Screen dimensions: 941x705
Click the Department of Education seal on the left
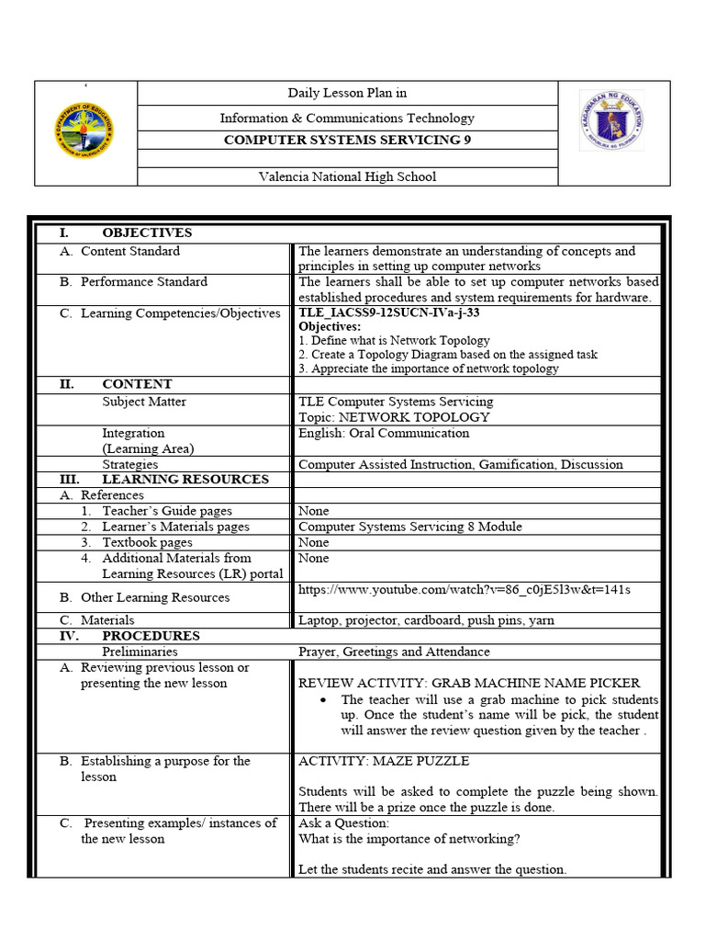coord(84,132)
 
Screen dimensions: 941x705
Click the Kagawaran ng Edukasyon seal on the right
coord(611,121)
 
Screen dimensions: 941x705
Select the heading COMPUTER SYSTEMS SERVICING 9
coord(347,141)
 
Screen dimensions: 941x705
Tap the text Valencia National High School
coord(347,176)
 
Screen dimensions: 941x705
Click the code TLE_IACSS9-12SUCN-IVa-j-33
coord(389,312)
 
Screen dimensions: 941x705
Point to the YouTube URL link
coord(464,589)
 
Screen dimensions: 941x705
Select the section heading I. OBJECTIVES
coord(147,232)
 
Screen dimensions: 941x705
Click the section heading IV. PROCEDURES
coord(151,636)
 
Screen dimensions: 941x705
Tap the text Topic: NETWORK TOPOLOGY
coord(394,417)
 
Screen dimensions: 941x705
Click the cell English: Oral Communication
coord(384,433)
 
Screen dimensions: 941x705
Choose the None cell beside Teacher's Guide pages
coord(314,511)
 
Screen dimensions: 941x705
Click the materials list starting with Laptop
coord(426,620)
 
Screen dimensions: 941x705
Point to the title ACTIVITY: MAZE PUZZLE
coord(384,761)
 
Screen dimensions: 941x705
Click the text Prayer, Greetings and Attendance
coord(394,652)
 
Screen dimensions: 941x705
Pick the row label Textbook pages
coord(147,542)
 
